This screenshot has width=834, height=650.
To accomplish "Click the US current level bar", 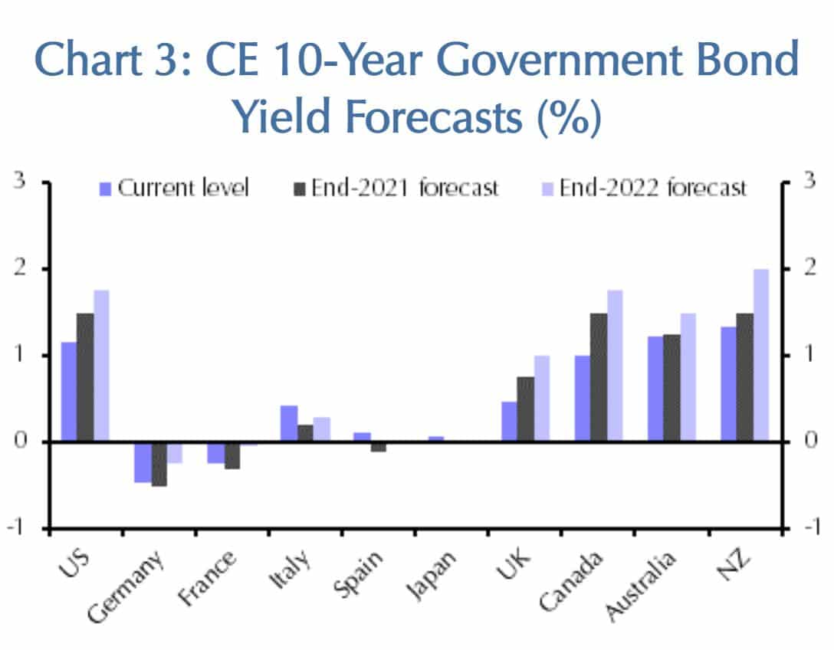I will pos(69,392).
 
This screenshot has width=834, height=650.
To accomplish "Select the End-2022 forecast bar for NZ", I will pos(761,355).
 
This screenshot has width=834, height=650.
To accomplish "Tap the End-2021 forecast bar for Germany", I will pos(159,463).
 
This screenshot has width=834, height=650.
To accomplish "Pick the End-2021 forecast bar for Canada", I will pos(599,377).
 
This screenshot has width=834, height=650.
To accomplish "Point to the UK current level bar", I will pos(509,421).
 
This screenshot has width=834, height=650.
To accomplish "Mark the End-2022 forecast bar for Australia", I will pos(688,377).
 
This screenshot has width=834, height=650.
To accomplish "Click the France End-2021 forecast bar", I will pos(232,455).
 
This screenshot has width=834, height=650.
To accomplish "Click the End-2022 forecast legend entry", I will pos(644,188).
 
